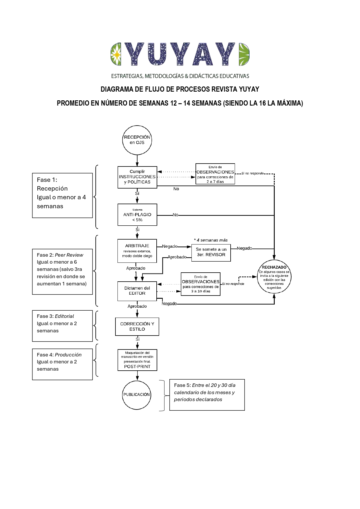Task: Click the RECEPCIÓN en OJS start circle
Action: tap(137, 140)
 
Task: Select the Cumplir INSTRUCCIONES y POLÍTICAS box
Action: tap(137, 177)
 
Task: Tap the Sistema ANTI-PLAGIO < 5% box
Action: tap(137, 215)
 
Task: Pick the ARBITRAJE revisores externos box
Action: tap(137, 251)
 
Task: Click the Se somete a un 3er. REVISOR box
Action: tap(211, 252)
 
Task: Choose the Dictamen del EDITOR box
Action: tap(137, 291)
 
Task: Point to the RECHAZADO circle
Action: tap(274, 277)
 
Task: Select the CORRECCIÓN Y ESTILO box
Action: tap(137, 327)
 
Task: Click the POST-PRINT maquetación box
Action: tap(137, 360)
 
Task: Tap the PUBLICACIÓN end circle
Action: tap(137, 395)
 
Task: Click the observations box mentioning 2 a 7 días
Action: tap(215, 174)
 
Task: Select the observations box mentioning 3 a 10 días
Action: tap(200, 284)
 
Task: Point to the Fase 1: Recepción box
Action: tap(62, 195)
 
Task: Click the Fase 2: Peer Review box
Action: tap(62, 271)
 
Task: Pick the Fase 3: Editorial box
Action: tap(62, 326)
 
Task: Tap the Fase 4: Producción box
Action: tap(62, 364)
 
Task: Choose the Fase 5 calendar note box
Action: tap(207, 395)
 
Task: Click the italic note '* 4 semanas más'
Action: tap(211, 240)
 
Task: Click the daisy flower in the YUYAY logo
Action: tap(116, 54)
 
